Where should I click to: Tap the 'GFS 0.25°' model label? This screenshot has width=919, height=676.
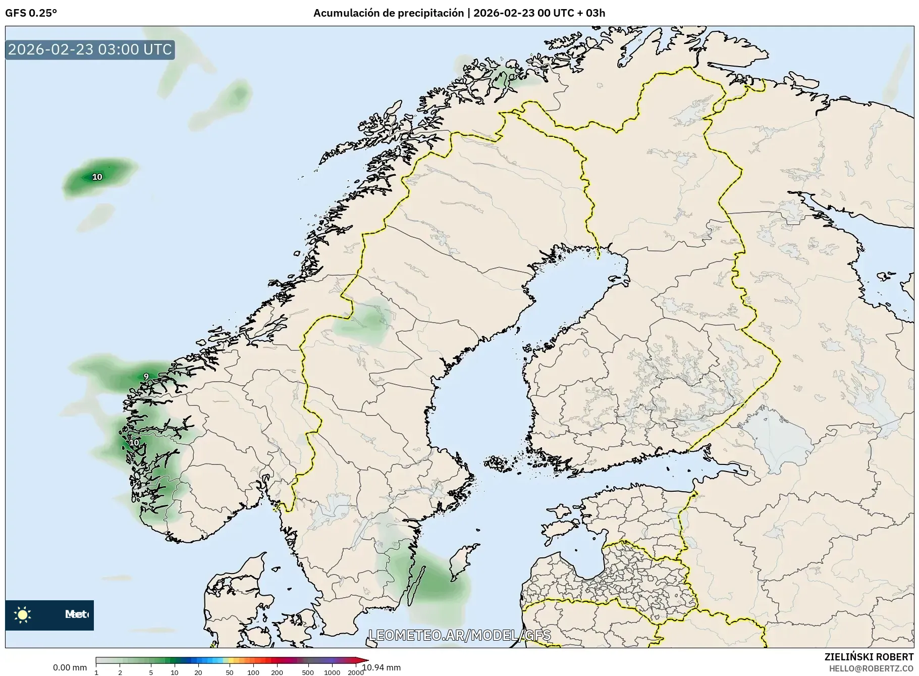tap(31, 13)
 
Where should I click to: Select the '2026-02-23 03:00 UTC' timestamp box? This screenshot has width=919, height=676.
tap(90, 49)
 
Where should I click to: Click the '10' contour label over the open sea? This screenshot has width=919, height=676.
tap(97, 177)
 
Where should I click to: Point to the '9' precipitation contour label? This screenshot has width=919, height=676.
tap(146, 377)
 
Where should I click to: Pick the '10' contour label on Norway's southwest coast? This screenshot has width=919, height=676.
tap(134, 443)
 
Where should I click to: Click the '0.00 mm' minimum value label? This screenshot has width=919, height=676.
tap(70, 667)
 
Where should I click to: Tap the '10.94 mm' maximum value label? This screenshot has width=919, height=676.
tap(382, 667)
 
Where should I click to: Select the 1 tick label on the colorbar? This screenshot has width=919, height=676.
tap(96, 672)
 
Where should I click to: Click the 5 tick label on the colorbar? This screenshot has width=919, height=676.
tap(151, 672)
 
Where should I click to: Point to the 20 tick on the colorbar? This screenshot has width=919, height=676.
tap(198, 672)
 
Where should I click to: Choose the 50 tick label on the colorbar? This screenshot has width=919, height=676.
tap(230, 672)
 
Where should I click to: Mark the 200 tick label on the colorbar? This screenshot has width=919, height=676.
tap(277, 672)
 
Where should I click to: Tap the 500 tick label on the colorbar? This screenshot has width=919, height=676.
tap(308, 672)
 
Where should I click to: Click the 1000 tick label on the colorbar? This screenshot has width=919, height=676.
tap(332, 672)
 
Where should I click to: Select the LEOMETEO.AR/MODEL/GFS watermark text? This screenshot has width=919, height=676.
tap(459, 635)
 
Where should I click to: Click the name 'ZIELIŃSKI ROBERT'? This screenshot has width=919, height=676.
tap(869, 657)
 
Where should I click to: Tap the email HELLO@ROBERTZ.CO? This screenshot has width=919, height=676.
tap(871, 668)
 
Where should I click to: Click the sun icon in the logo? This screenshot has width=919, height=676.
tap(23, 614)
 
